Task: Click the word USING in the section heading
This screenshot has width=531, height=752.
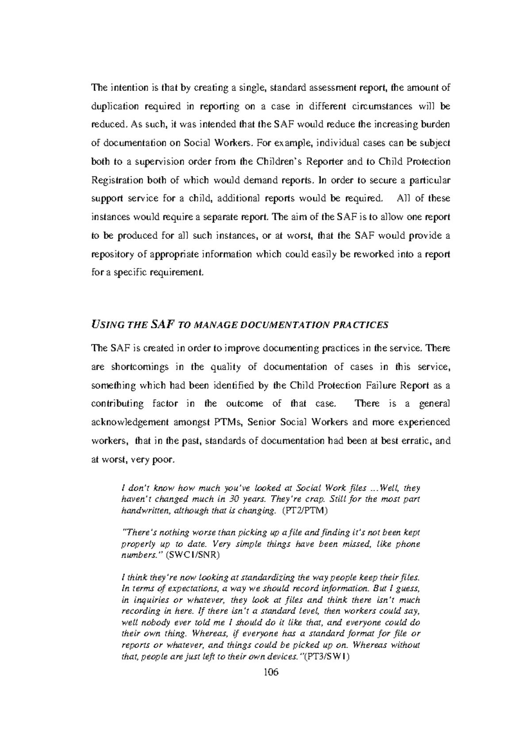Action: pos(107,325)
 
